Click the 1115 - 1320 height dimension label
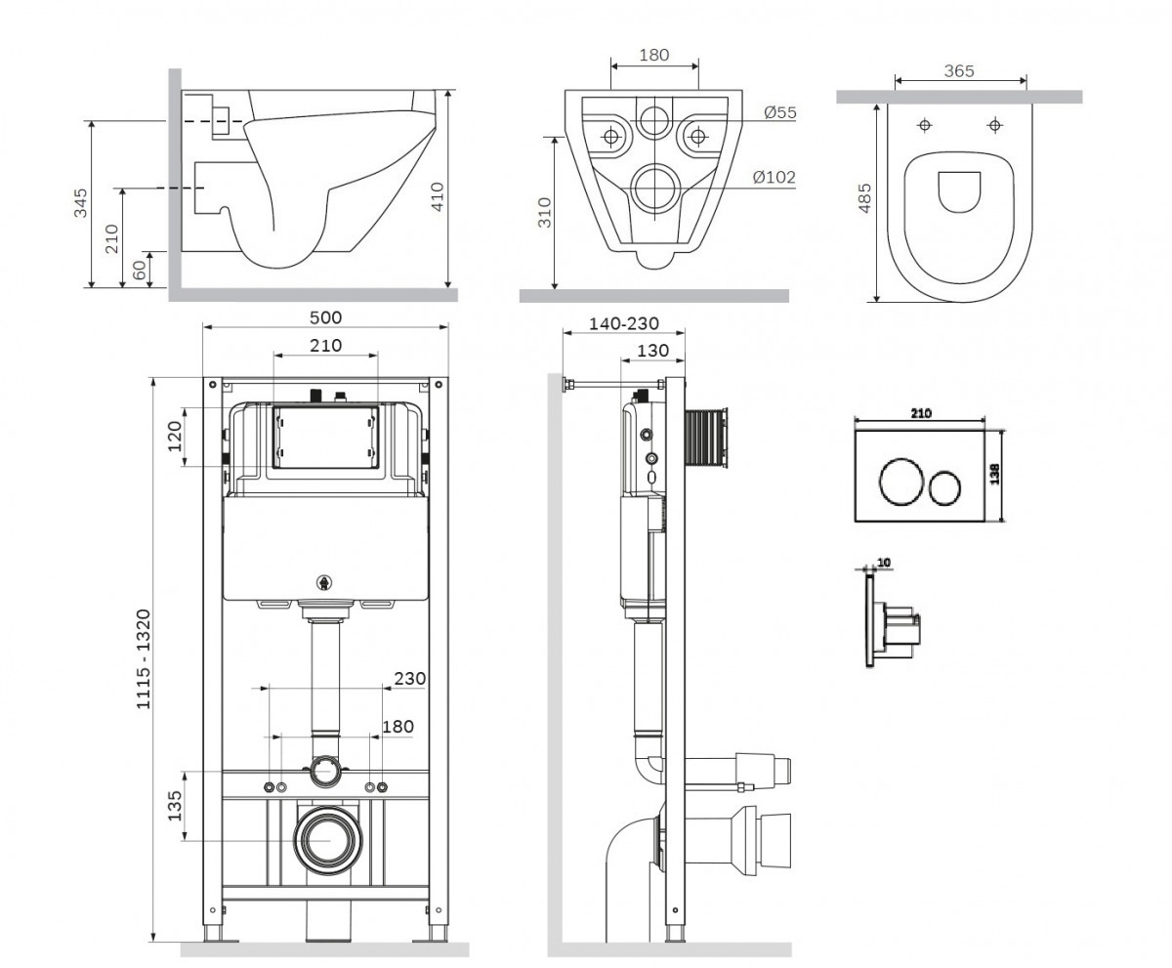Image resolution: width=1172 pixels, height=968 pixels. coord(144,658)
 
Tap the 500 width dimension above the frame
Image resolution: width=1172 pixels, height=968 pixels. coord(325,317)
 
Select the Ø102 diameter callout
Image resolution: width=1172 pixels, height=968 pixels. coord(774,178)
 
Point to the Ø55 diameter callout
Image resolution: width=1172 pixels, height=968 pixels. coord(780,113)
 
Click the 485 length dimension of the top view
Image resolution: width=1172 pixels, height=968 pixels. coord(864,197)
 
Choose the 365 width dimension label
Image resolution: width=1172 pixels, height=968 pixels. coord(959,71)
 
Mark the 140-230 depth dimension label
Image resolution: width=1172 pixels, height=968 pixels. coord(624,324)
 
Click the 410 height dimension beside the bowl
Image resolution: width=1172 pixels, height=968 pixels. coord(438,196)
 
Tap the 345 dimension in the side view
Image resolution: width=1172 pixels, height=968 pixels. coord(81,203)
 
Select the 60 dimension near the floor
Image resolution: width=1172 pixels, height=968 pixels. coord(141,270)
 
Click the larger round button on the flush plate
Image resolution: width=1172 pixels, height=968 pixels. coord(900,482)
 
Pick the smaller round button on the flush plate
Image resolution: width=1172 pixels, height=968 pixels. coord(944,486)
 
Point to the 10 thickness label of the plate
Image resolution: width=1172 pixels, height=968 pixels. coord(884,563)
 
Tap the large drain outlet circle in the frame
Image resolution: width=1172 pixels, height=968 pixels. coord(328,841)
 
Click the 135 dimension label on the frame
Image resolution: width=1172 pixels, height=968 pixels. coord(175,806)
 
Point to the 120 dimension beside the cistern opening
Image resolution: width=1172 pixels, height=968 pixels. coord(175,437)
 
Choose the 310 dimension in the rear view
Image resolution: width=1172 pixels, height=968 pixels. coord(544,213)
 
